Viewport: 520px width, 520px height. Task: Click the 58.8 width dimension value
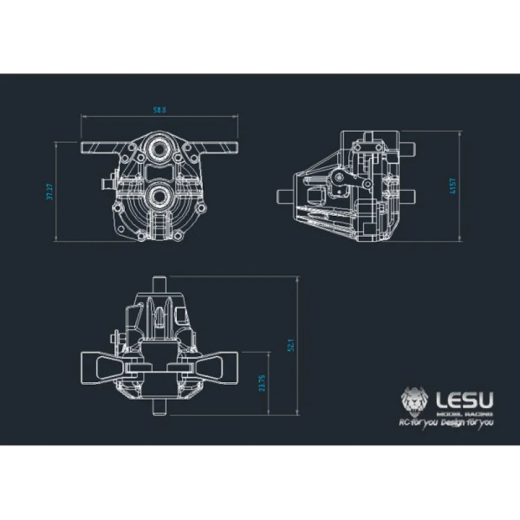tap(159, 110)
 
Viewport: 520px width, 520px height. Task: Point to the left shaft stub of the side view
tap(283, 196)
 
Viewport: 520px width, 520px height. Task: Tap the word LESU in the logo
tap(465, 397)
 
